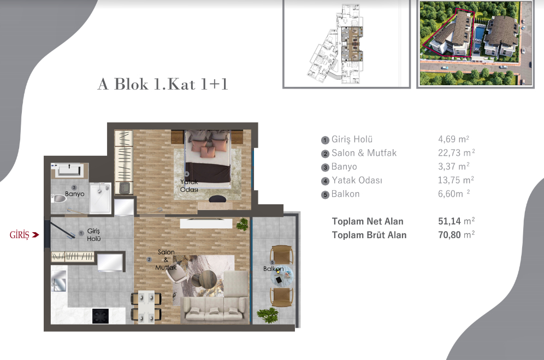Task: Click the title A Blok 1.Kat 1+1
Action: point(162,85)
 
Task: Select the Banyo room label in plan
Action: point(74,193)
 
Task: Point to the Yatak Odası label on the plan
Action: point(189,185)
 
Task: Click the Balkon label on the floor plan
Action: point(273,269)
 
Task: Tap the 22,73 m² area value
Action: point(453,153)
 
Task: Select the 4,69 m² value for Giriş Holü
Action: point(451,139)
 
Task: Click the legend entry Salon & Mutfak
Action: point(364,153)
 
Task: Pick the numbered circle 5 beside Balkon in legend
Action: point(325,194)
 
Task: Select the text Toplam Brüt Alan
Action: point(369,235)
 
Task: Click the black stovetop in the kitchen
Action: point(100,316)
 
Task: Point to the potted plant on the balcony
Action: point(267,316)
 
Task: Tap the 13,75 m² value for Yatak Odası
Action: point(453,180)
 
